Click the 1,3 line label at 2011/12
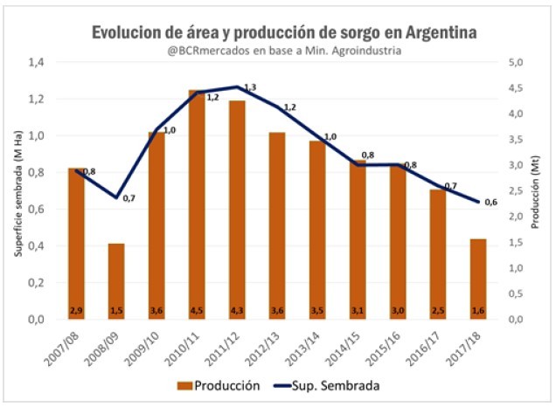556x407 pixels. pyautogui.click(x=250, y=88)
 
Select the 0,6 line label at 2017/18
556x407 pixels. pyautogui.click(x=491, y=203)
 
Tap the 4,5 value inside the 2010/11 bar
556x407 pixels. pyautogui.click(x=198, y=310)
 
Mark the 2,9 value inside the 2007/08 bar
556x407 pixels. pyautogui.click(x=77, y=310)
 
